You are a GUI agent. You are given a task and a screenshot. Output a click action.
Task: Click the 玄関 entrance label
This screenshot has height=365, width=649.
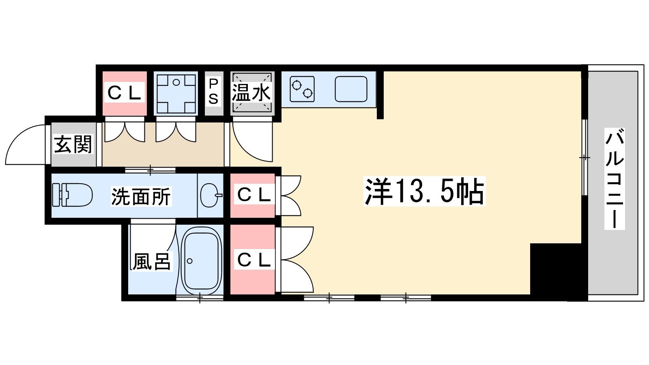[73, 144]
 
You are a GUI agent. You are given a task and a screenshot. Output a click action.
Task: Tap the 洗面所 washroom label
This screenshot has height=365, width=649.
[141, 197]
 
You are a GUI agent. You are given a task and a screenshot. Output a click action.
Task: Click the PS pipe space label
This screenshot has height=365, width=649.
[213, 92]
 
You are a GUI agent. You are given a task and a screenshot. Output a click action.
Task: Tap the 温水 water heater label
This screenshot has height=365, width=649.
[251, 93]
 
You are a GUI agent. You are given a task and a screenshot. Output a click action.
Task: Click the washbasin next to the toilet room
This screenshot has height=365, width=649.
[211, 195]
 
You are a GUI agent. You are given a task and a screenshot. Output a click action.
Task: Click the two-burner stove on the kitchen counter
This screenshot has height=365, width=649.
[302, 90]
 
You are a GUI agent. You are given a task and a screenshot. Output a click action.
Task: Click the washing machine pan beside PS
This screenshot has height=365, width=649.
[176, 94]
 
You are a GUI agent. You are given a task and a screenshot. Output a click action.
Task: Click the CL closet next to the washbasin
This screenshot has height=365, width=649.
[253, 195]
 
